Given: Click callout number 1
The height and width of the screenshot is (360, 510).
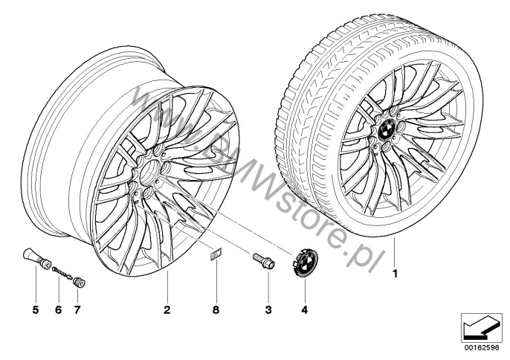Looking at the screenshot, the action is pos(396,274).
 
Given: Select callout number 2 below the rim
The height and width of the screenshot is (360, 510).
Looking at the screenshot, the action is pos(167,310).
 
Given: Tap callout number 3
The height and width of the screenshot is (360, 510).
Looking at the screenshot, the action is pos(268,310).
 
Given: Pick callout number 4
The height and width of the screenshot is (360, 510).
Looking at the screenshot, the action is pos(305,310).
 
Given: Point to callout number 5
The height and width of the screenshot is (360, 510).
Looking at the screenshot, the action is pos(36,310).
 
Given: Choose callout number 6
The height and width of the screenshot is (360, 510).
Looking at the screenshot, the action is pos(58,310).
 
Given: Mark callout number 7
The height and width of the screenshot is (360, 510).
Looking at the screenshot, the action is pos(77,310).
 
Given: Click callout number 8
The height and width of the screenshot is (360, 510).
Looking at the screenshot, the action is pos(216,310).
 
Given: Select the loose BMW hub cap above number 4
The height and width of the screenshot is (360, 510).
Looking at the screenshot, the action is pos(303,263).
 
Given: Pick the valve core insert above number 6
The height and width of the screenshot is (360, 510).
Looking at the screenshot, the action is pos(62,272).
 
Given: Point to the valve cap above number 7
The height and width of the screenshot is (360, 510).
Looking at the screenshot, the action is pos(79,282).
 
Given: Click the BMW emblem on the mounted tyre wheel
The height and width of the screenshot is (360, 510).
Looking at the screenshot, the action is pos(388,131).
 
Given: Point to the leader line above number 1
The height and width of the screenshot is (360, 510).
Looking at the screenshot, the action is pos(395,253).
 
